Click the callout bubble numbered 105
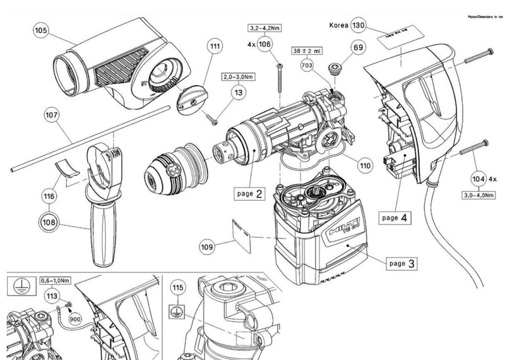[x=41, y=30]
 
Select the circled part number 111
[x=216, y=46]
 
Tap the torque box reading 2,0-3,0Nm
[x=238, y=77]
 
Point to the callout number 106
[x=265, y=44]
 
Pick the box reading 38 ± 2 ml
[x=307, y=50]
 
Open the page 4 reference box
[x=398, y=218]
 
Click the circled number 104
[x=480, y=179]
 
